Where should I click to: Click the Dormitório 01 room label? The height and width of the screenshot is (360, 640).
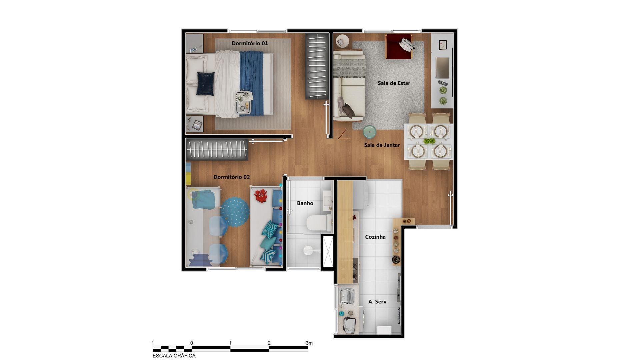pos(250,43)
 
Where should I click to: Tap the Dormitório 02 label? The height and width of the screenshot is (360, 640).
pos(231,177)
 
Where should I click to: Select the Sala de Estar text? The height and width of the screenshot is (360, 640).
pos(394,83)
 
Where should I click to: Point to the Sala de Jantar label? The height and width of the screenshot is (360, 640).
pos(382,145)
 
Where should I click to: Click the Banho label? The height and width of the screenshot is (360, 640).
pos(305,203)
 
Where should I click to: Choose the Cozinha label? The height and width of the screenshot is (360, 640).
pos(375,237)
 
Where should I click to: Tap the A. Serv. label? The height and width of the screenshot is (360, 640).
pos(378,302)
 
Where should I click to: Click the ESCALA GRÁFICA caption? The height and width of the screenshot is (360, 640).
pos(174,356)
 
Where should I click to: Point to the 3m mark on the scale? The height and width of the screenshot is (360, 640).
pos(309,343)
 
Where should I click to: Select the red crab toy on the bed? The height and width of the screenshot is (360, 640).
pos(261,196)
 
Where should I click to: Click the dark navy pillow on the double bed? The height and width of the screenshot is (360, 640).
pos(206,84)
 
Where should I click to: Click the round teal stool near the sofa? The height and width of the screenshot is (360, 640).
pos(369,132)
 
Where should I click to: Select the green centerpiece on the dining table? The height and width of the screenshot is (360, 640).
pos(429,141)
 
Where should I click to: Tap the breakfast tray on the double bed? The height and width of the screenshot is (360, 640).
pos(243,102)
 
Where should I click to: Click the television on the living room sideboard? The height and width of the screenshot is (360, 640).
pos(442,68)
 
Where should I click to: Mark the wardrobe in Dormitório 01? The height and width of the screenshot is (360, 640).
pos(316,66)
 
